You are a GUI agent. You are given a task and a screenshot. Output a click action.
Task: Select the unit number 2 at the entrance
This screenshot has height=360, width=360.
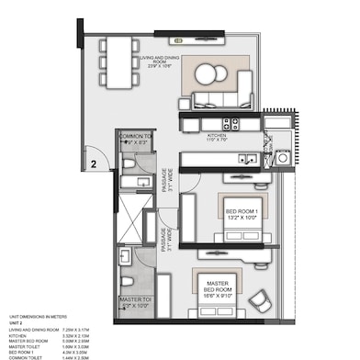94,165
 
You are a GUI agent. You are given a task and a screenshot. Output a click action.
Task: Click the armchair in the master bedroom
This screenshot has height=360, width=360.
261,300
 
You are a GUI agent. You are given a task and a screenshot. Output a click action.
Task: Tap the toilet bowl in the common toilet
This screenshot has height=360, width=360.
128,162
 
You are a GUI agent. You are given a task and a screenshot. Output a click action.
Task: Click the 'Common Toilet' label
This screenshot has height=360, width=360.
133,139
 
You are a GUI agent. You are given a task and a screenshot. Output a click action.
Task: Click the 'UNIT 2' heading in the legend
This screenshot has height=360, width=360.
16,322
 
